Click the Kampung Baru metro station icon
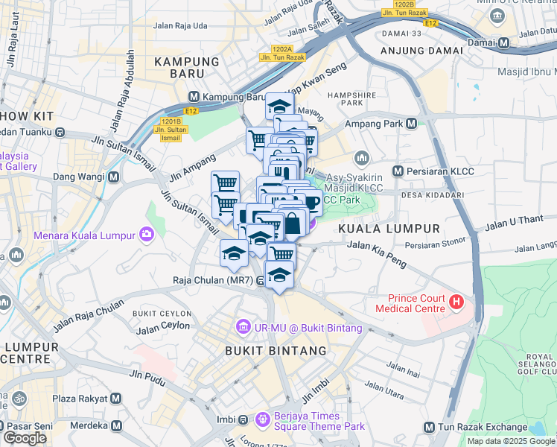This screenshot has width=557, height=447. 194,97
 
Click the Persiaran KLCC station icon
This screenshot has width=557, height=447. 398,171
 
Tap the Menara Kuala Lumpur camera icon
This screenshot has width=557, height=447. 147,235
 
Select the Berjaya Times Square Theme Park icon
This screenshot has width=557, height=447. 261,420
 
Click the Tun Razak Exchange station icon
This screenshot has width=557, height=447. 429,427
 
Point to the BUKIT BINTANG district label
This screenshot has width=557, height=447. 276,350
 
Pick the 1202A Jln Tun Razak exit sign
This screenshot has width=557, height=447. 276,52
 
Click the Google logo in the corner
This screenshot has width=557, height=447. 25,438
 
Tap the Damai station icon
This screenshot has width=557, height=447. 504,43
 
